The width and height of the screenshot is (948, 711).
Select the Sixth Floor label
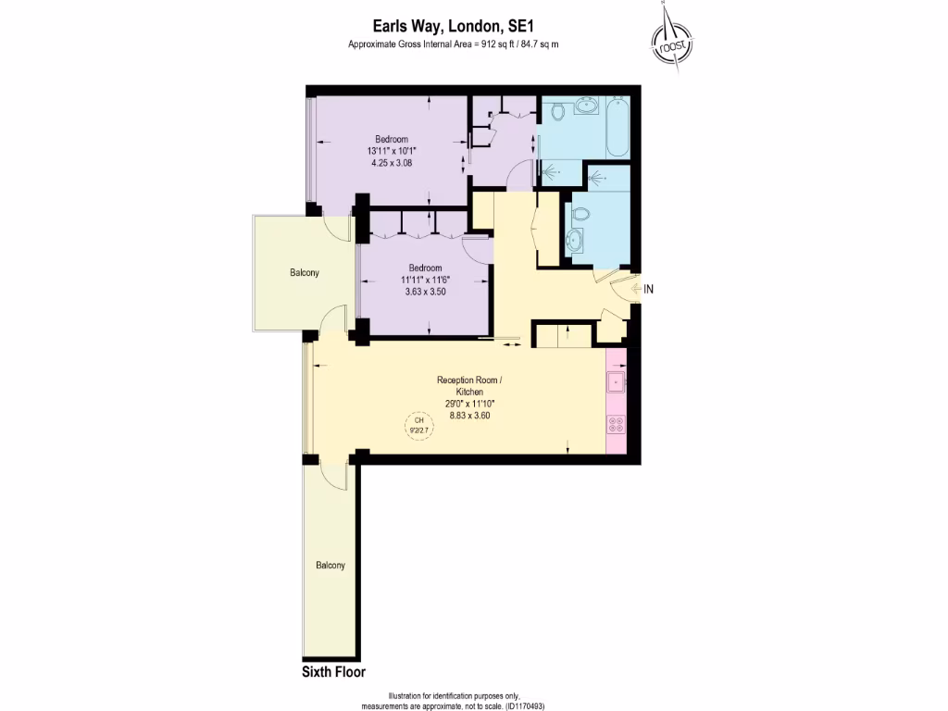[x=334, y=671]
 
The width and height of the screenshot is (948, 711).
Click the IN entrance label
[x=649, y=289]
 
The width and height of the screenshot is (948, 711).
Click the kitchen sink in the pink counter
[x=616, y=380]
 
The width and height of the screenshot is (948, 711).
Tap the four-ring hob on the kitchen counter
[x=616, y=424]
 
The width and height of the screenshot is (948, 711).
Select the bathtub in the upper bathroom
[x=617, y=127]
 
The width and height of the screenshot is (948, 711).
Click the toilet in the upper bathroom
[x=557, y=112]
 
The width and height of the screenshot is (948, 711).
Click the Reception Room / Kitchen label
[x=469, y=386]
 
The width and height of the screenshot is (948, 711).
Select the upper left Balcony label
[x=305, y=272]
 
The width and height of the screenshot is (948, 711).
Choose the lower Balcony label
[x=330, y=566]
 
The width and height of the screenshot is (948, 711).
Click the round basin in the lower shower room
[x=576, y=243]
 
